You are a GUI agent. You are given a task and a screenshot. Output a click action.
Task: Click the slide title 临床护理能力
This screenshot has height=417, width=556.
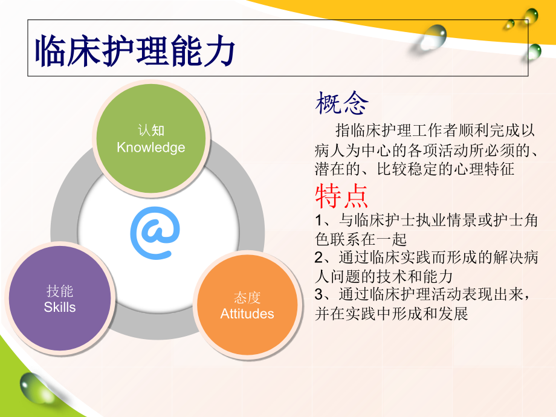coord(134,50)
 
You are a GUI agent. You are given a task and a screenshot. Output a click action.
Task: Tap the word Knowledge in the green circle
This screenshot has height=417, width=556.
coord(151,147)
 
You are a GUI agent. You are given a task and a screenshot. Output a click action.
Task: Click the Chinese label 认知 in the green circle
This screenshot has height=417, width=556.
coord(151,131)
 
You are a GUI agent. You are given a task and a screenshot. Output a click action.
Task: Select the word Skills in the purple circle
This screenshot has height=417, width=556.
coord(60,307)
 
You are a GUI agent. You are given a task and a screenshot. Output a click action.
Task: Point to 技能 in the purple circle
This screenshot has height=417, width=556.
coord(60,291)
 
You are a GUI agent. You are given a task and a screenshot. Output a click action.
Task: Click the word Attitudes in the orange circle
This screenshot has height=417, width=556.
coord(247,314)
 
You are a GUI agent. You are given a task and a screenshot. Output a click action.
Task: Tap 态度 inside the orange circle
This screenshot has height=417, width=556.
coord(247,298)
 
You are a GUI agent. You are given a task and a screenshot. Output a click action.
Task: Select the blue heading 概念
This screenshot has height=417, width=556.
coord(341,104)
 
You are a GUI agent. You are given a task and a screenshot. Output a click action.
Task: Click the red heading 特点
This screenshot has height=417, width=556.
coord(341,196)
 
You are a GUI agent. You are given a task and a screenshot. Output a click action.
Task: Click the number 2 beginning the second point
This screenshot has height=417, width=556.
coord(319,257)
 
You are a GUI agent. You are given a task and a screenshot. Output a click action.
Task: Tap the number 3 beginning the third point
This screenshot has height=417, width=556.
coord(319,295)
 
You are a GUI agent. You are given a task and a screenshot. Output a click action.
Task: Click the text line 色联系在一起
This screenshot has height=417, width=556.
coord(361,239)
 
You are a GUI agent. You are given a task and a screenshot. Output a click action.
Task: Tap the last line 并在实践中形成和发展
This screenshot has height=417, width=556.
coord(392,314)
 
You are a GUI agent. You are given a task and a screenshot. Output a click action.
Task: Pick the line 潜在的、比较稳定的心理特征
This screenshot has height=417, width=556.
coord(415,169)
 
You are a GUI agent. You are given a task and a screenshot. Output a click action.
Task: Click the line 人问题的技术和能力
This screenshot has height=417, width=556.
coord(384,276)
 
